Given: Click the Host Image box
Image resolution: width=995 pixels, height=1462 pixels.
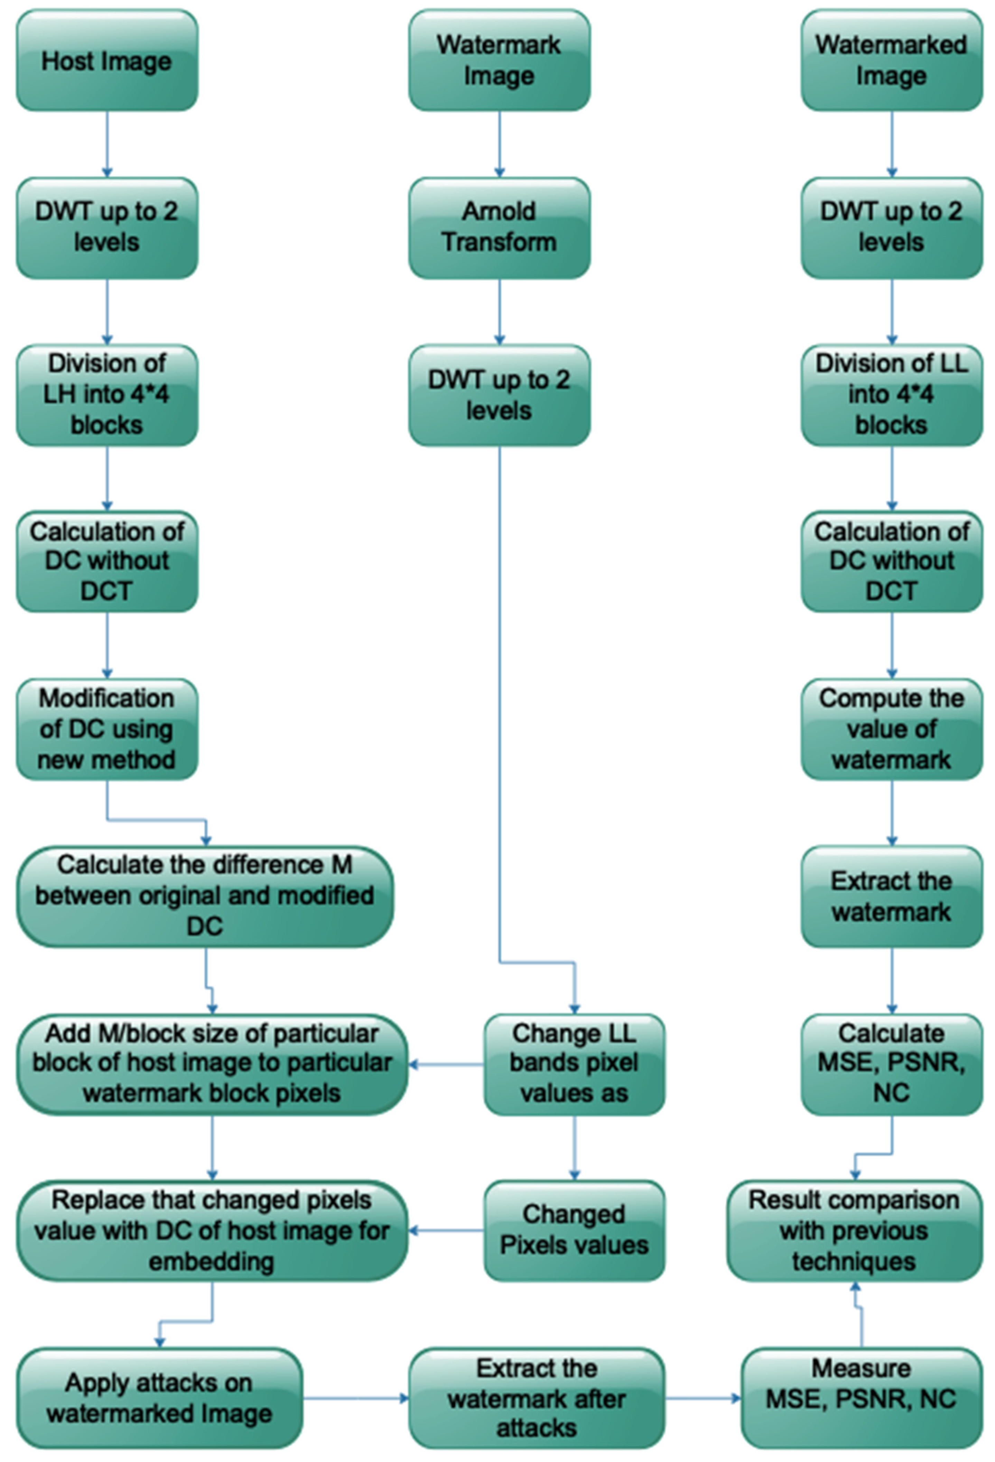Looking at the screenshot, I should [x=107, y=61].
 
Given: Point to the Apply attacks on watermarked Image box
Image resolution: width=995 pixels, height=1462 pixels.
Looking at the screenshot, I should [x=159, y=1398].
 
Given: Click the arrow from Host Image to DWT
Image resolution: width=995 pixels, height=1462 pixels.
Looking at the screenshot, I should [x=107, y=144].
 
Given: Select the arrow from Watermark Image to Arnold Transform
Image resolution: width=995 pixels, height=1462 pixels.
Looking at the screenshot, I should [x=499, y=144].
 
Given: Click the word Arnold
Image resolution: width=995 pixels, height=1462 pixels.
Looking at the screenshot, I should [x=499, y=211].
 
